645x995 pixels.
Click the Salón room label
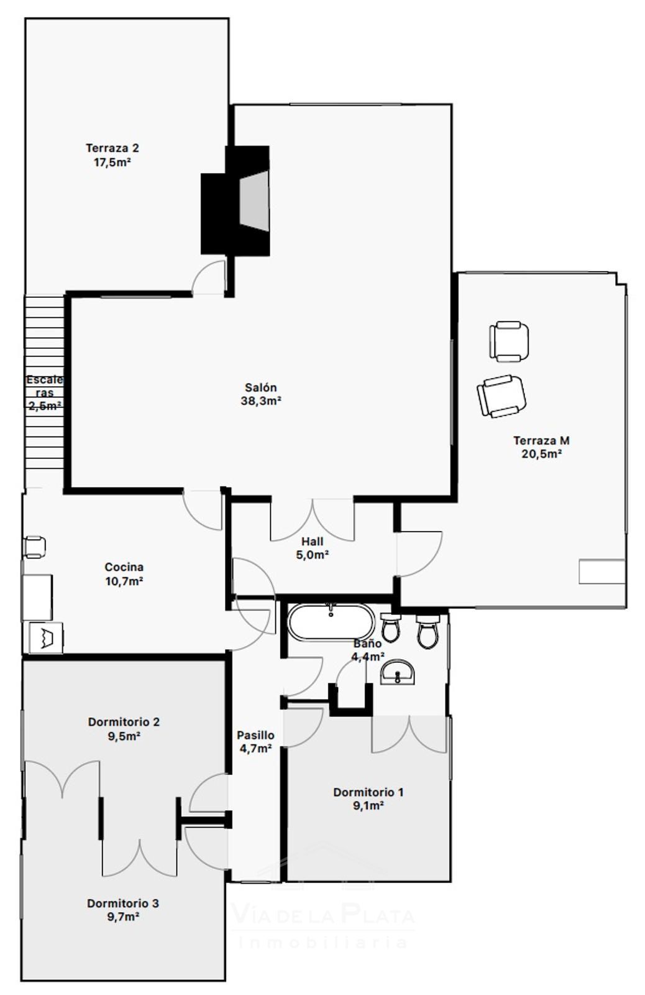coord(261,387)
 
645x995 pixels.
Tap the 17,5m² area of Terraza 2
coord(112,162)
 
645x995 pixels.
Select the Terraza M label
coord(541,441)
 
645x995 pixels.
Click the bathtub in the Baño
coord(331,622)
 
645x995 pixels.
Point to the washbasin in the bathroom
coord(397,672)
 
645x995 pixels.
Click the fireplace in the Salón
coord(236,201)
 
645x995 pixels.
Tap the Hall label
coord(313,542)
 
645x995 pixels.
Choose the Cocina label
coord(124,567)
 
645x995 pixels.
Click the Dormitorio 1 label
coord(368,792)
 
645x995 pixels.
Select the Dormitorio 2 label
coord(124,722)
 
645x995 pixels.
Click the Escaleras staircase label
coord(44,386)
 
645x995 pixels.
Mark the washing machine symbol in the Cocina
coord(46,637)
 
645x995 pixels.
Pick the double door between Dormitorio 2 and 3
coord(140,858)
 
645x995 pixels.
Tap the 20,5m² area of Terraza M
coord(542,454)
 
